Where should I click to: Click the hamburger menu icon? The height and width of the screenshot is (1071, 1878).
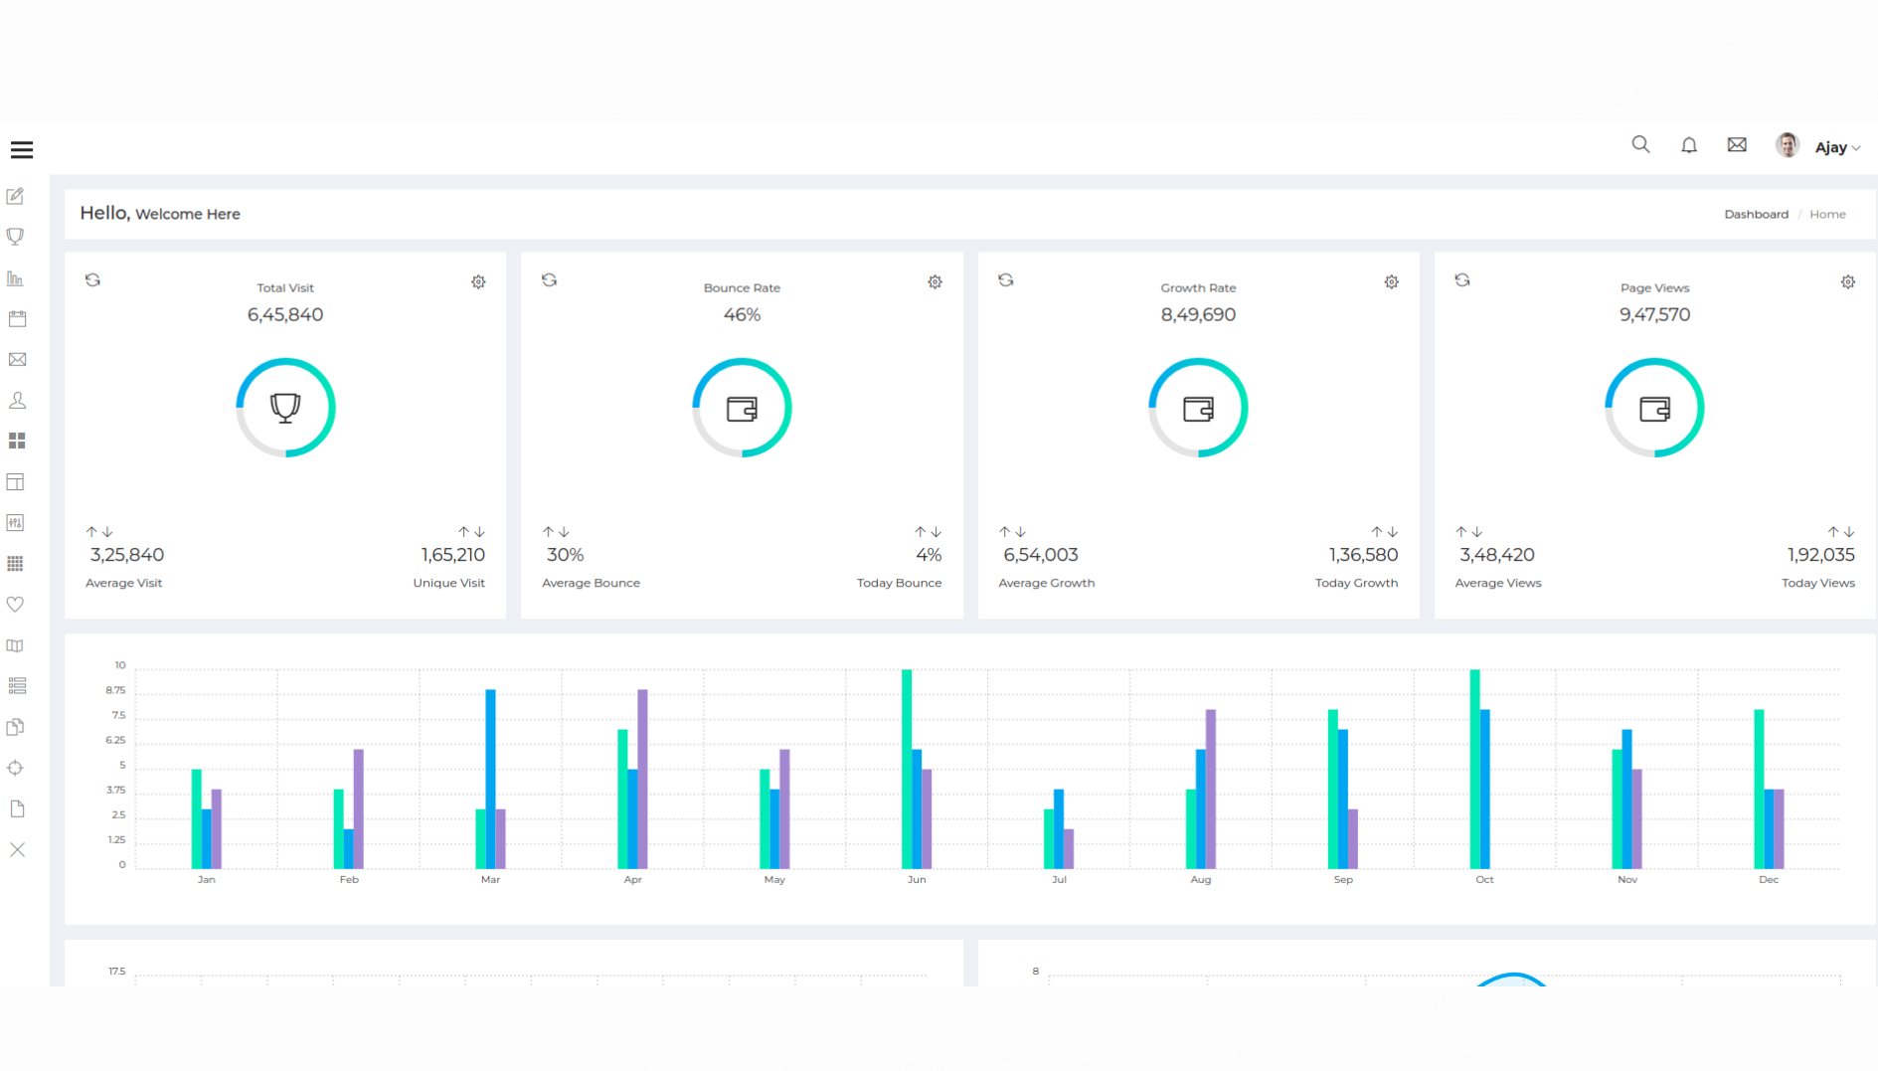[22, 150]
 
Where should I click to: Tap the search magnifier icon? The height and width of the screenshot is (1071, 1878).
[1640, 145]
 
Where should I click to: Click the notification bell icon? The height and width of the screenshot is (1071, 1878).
[1688, 146]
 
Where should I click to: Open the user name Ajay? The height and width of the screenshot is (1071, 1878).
[1830, 147]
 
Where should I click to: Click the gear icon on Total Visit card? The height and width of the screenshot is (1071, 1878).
[478, 282]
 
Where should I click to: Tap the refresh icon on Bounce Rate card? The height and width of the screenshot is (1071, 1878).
[549, 280]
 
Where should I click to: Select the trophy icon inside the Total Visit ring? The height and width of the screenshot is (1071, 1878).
[285, 408]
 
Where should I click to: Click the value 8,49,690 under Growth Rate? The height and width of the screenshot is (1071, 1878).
[1198, 315]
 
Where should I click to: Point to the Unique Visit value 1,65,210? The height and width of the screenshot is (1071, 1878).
[452, 555]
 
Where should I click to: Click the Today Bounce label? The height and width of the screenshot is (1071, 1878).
[899, 583]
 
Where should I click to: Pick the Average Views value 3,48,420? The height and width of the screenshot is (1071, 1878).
[1496, 555]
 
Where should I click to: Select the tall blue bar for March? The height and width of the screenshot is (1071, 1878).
[490, 778]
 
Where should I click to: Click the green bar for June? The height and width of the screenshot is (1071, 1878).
[907, 768]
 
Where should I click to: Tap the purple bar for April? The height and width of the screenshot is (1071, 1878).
[642, 778]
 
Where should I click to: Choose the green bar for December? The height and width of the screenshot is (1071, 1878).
[1759, 788]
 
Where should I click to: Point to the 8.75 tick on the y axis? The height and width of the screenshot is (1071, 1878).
[115, 690]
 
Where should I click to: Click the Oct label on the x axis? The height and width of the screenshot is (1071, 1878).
[1484, 880]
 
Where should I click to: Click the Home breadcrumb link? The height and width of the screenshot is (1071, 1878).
[1827, 215]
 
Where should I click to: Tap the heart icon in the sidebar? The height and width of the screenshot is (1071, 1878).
[16, 605]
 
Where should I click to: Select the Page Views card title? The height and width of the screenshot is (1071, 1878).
[1654, 288]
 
